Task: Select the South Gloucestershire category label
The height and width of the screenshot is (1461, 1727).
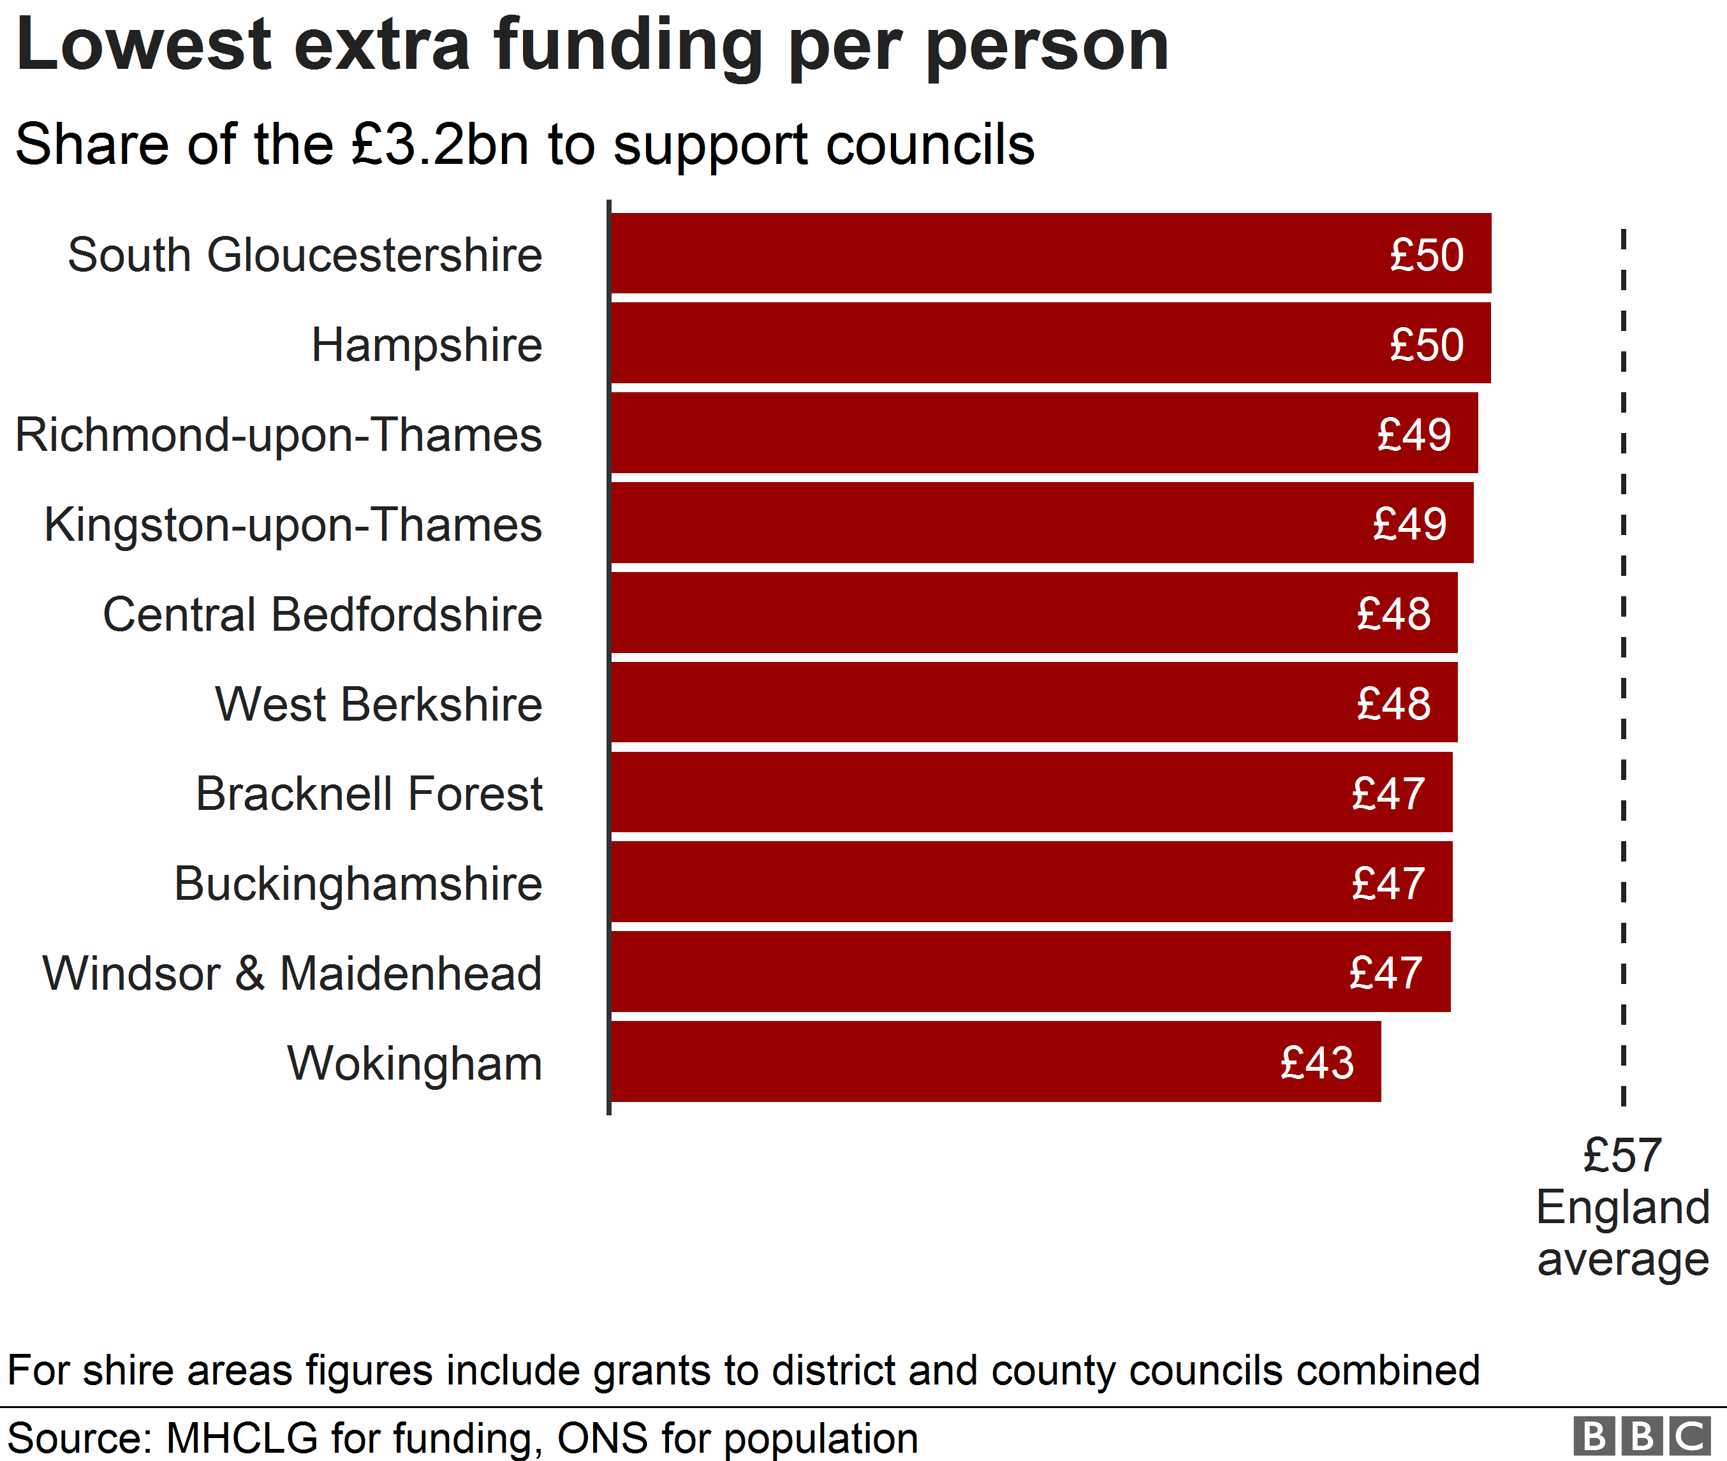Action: click(305, 254)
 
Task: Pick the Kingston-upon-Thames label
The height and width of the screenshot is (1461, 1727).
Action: click(293, 524)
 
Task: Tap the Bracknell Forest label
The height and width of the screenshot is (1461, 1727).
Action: click(369, 793)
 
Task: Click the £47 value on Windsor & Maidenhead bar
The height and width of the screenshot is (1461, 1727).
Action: click(1386, 973)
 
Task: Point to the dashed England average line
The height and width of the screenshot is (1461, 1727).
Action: click(1624, 663)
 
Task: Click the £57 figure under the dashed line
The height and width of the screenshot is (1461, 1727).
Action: click(1622, 1156)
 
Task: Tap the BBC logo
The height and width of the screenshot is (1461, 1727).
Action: click(1642, 1437)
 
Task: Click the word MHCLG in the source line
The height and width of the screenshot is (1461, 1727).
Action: click(242, 1439)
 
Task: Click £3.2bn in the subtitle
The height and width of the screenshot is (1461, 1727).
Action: click(440, 144)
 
